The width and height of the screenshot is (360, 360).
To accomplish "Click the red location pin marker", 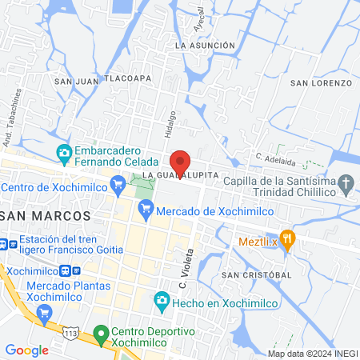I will (x=180, y=162).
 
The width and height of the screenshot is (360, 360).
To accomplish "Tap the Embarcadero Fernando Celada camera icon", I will (x=65, y=152).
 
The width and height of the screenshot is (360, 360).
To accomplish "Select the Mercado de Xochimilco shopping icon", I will (x=146, y=210).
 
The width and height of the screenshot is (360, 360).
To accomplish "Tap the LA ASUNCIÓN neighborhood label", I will (x=206, y=46).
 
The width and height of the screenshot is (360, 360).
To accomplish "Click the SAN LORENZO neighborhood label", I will (x=321, y=82).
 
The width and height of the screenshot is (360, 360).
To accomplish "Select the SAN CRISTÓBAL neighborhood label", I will (x=256, y=274).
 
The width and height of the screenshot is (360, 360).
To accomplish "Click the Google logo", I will (x=26, y=350).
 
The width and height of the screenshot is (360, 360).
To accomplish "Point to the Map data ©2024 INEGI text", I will (x=311, y=353).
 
